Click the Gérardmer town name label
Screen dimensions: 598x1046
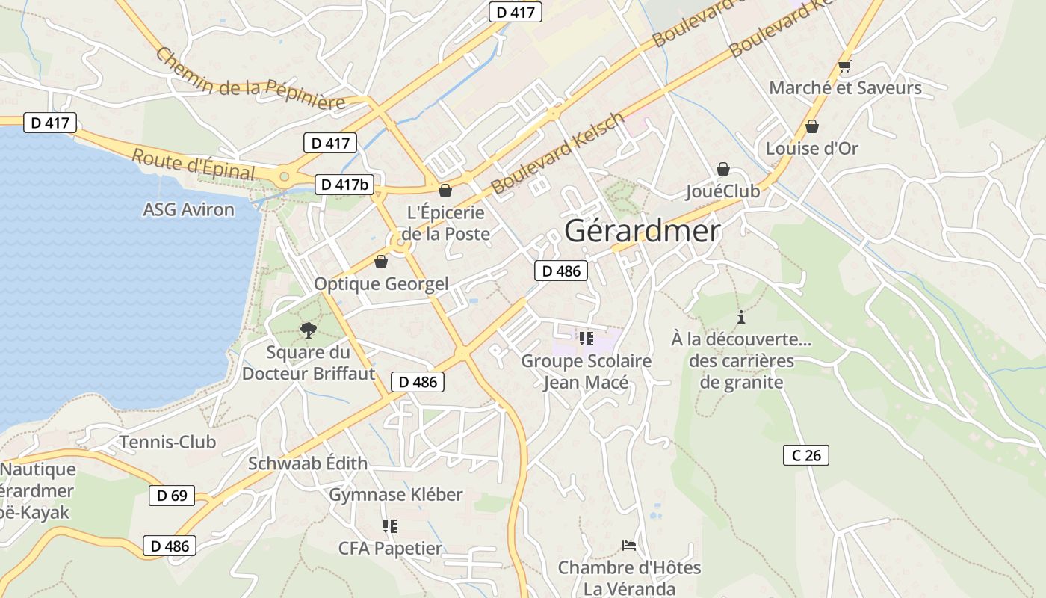[642, 231]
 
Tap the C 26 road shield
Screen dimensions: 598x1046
[806, 455]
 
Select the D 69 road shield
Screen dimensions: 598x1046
[172, 495]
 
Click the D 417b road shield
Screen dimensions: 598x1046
[344, 185]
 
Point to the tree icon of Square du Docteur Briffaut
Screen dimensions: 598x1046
[308, 330]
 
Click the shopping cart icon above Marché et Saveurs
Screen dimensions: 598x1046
[845, 67]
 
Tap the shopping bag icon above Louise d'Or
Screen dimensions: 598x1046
[812, 126]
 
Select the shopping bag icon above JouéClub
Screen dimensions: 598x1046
[722, 169]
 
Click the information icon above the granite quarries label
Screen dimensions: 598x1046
[741, 317]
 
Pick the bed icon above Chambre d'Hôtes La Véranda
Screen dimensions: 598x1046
[629, 546]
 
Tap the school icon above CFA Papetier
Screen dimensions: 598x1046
[389, 526]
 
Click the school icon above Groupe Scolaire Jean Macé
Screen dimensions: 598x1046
[587, 339]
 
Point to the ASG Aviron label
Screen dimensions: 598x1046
[188, 209]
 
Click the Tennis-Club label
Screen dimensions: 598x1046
[167, 442]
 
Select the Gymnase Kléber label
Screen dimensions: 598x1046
[396, 494]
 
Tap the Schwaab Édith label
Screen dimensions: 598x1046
[308, 463]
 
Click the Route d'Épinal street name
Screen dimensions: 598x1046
[194, 164]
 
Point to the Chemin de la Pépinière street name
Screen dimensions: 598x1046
[251, 80]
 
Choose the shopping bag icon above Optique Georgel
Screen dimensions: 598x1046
[381, 262]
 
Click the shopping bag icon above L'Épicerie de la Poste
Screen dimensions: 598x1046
[445, 191]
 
